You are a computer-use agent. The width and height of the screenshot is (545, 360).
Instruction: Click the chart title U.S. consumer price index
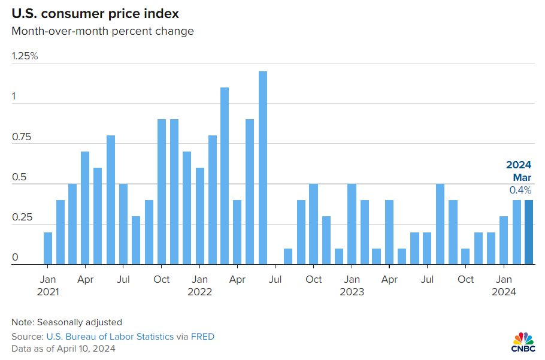95,14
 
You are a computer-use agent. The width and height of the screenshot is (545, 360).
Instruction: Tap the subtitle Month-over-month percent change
102,31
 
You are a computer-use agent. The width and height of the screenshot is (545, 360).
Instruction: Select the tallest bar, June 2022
263,168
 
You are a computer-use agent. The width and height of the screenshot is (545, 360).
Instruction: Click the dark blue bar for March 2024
529,232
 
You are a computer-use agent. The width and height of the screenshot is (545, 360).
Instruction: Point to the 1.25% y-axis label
25,56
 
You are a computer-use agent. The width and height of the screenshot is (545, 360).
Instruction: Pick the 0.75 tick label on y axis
22,137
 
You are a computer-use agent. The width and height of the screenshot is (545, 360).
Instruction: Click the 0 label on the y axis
15,258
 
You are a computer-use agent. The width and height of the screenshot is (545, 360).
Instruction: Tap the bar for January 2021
48,249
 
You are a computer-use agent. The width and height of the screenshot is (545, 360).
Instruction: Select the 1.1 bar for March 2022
225,176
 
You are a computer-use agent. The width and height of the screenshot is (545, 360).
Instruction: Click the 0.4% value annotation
520,190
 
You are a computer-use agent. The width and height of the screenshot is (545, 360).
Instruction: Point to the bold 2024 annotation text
519,165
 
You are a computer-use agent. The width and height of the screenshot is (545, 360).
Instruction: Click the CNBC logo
523,342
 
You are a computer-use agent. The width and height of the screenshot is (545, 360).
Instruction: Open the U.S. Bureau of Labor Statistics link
110,337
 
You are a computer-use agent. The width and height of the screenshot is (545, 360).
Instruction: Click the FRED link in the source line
202,337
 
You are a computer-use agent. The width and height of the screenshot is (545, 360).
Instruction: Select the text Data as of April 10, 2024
63,349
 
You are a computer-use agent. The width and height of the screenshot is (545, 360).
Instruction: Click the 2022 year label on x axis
199,292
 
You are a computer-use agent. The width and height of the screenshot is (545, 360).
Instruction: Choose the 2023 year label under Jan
352,292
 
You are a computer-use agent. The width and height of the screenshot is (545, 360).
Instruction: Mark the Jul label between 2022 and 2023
275,279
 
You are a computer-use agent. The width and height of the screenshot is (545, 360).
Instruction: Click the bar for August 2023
440,224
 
